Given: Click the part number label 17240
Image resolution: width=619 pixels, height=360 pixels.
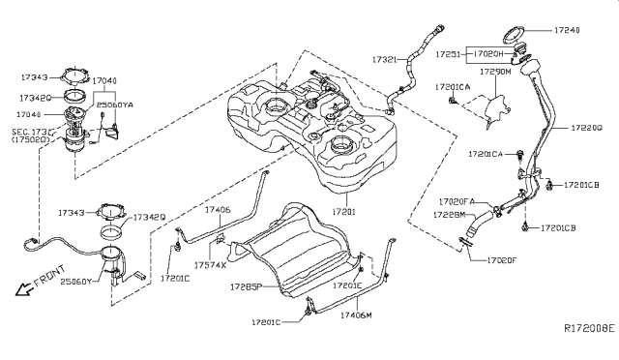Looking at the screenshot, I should click(591, 30).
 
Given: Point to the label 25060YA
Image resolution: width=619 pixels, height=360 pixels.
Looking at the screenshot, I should click(114, 102).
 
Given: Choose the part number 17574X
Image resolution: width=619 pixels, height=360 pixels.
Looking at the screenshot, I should click(210, 264).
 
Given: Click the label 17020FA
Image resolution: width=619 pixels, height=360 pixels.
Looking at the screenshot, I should click(458, 201).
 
